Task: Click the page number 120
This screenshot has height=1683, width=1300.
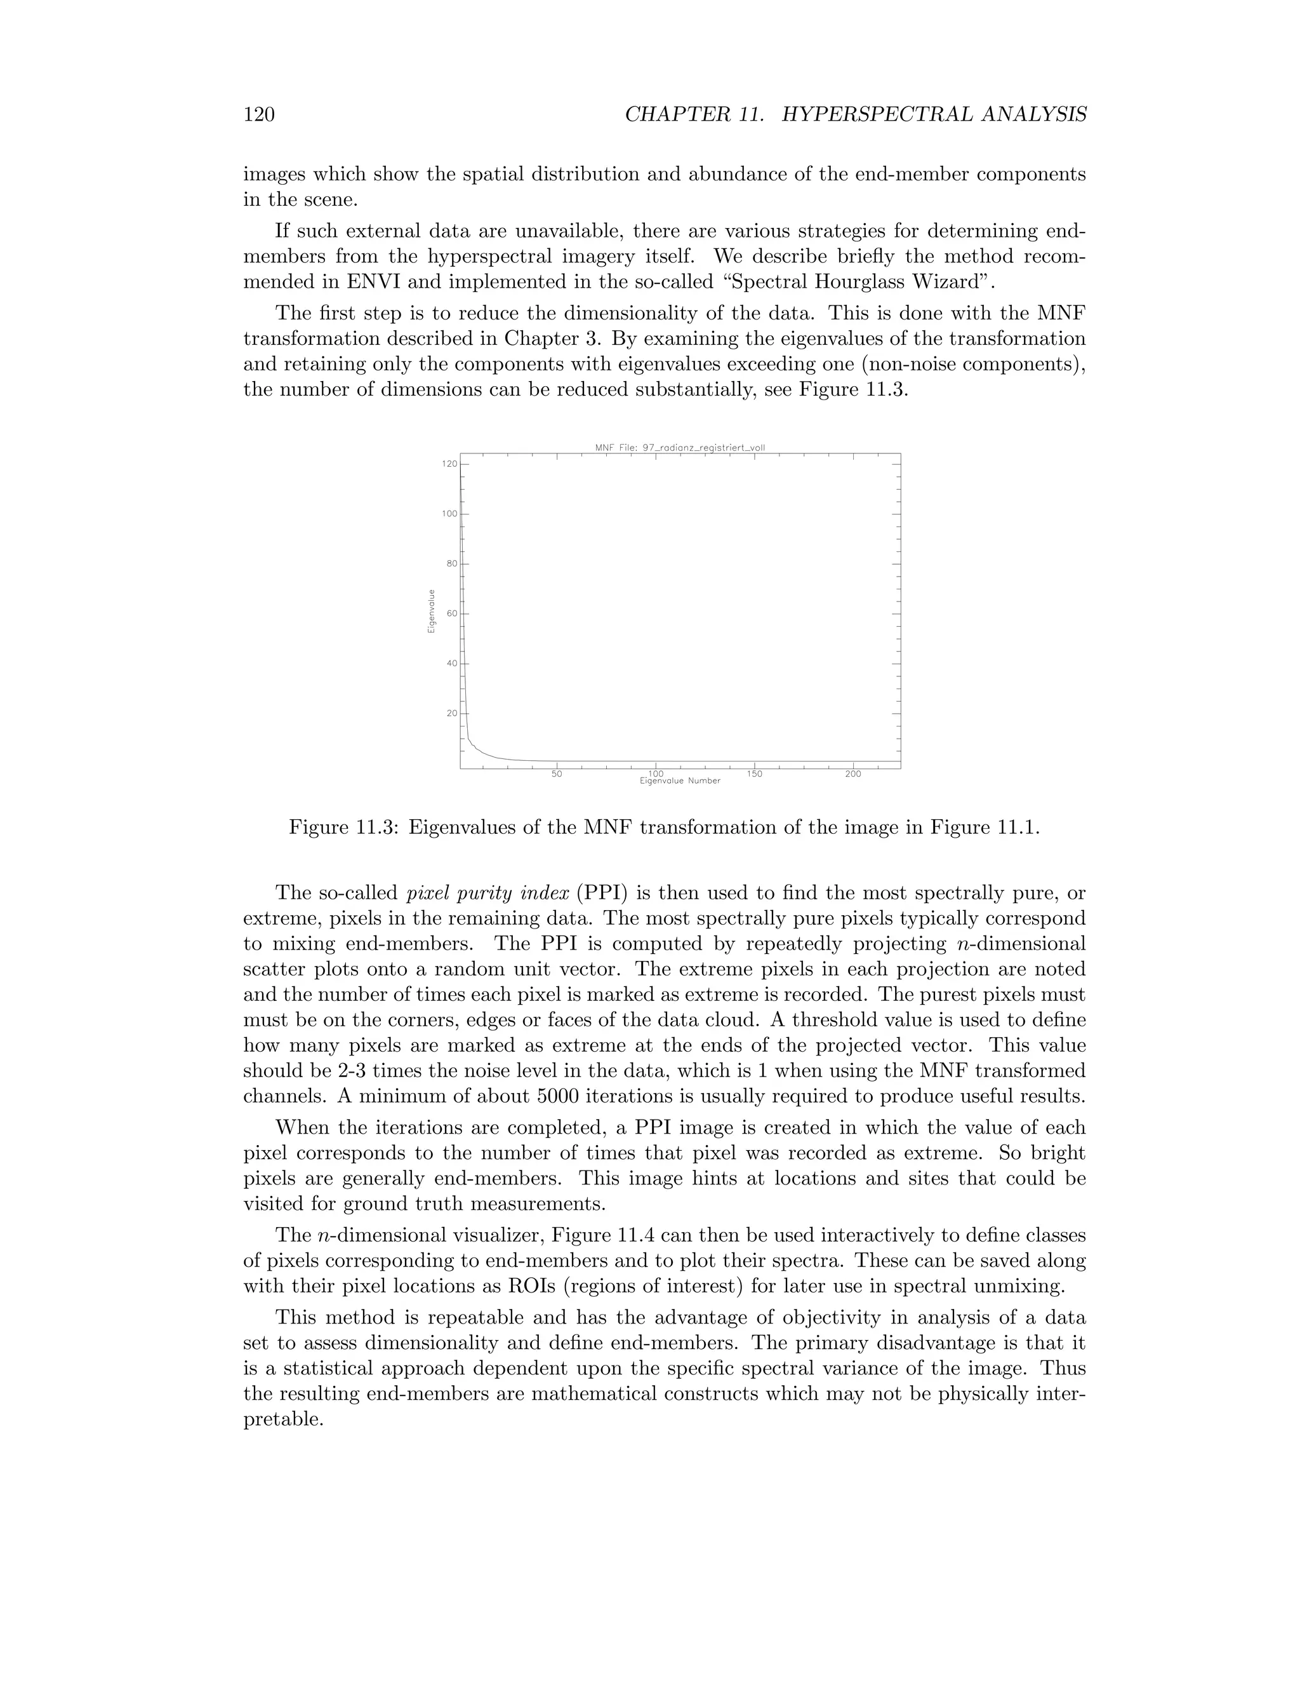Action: [260, 115]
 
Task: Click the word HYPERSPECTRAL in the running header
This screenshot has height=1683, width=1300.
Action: [875, 115]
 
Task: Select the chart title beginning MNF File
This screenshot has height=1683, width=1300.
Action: [679, 447]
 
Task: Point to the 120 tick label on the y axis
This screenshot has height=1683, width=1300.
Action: [449, 464]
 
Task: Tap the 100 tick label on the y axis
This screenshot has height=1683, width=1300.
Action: [449, 514]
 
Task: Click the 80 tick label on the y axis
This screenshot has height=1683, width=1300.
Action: [451, 563]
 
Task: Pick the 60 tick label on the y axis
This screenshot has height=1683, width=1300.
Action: [451, 614]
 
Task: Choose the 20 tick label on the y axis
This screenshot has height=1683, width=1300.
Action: [451, 713]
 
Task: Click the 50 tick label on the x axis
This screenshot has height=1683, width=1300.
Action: [557, 774]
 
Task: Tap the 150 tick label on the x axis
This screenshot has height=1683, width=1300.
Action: [755, 774]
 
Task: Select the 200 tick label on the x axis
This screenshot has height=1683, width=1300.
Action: [853, 774]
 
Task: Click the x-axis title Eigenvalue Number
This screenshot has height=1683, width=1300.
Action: [680, 781]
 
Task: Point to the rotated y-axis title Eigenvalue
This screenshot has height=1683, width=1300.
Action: [431, 611]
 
